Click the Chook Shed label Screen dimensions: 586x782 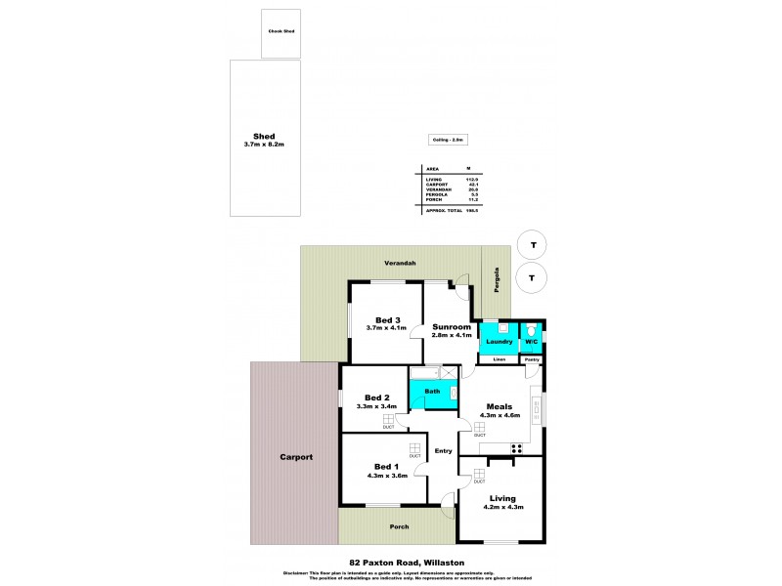click(281, 31)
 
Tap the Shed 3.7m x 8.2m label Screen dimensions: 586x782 click(264, 140)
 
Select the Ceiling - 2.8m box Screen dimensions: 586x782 click(439, 141)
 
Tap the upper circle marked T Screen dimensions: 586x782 click(532, 244)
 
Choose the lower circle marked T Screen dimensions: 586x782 click(532, 277)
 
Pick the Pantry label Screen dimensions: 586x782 click(532, 359)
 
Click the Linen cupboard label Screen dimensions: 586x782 click(499, 359)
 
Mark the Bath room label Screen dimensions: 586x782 click(432, 391)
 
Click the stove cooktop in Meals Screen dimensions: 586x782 click(517, 449)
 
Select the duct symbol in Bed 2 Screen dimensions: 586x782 click(388, 419)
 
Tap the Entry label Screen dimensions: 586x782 click(444, 450)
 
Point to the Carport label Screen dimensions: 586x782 click(295, 456)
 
